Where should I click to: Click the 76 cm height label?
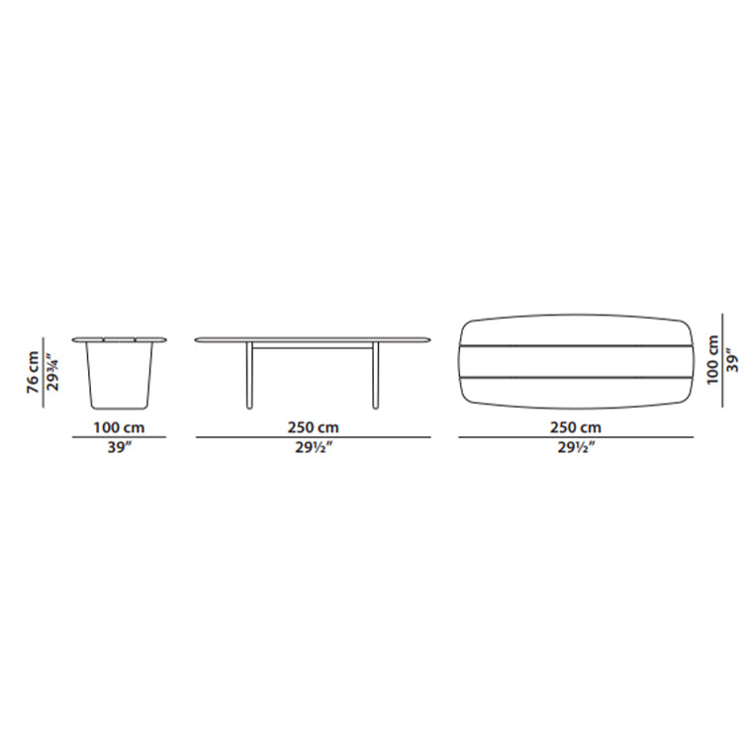pos(33,372)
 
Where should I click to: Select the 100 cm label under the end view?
pos(119,427)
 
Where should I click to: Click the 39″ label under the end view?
pos(119,447)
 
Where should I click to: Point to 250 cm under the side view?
pos(313,427)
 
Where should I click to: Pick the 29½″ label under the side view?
pos(313,448)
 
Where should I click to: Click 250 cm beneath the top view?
pos(576,427)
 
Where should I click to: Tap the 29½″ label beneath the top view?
pos(576,448)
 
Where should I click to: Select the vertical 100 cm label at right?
pos(712,360)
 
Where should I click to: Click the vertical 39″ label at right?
pos(733,360)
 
